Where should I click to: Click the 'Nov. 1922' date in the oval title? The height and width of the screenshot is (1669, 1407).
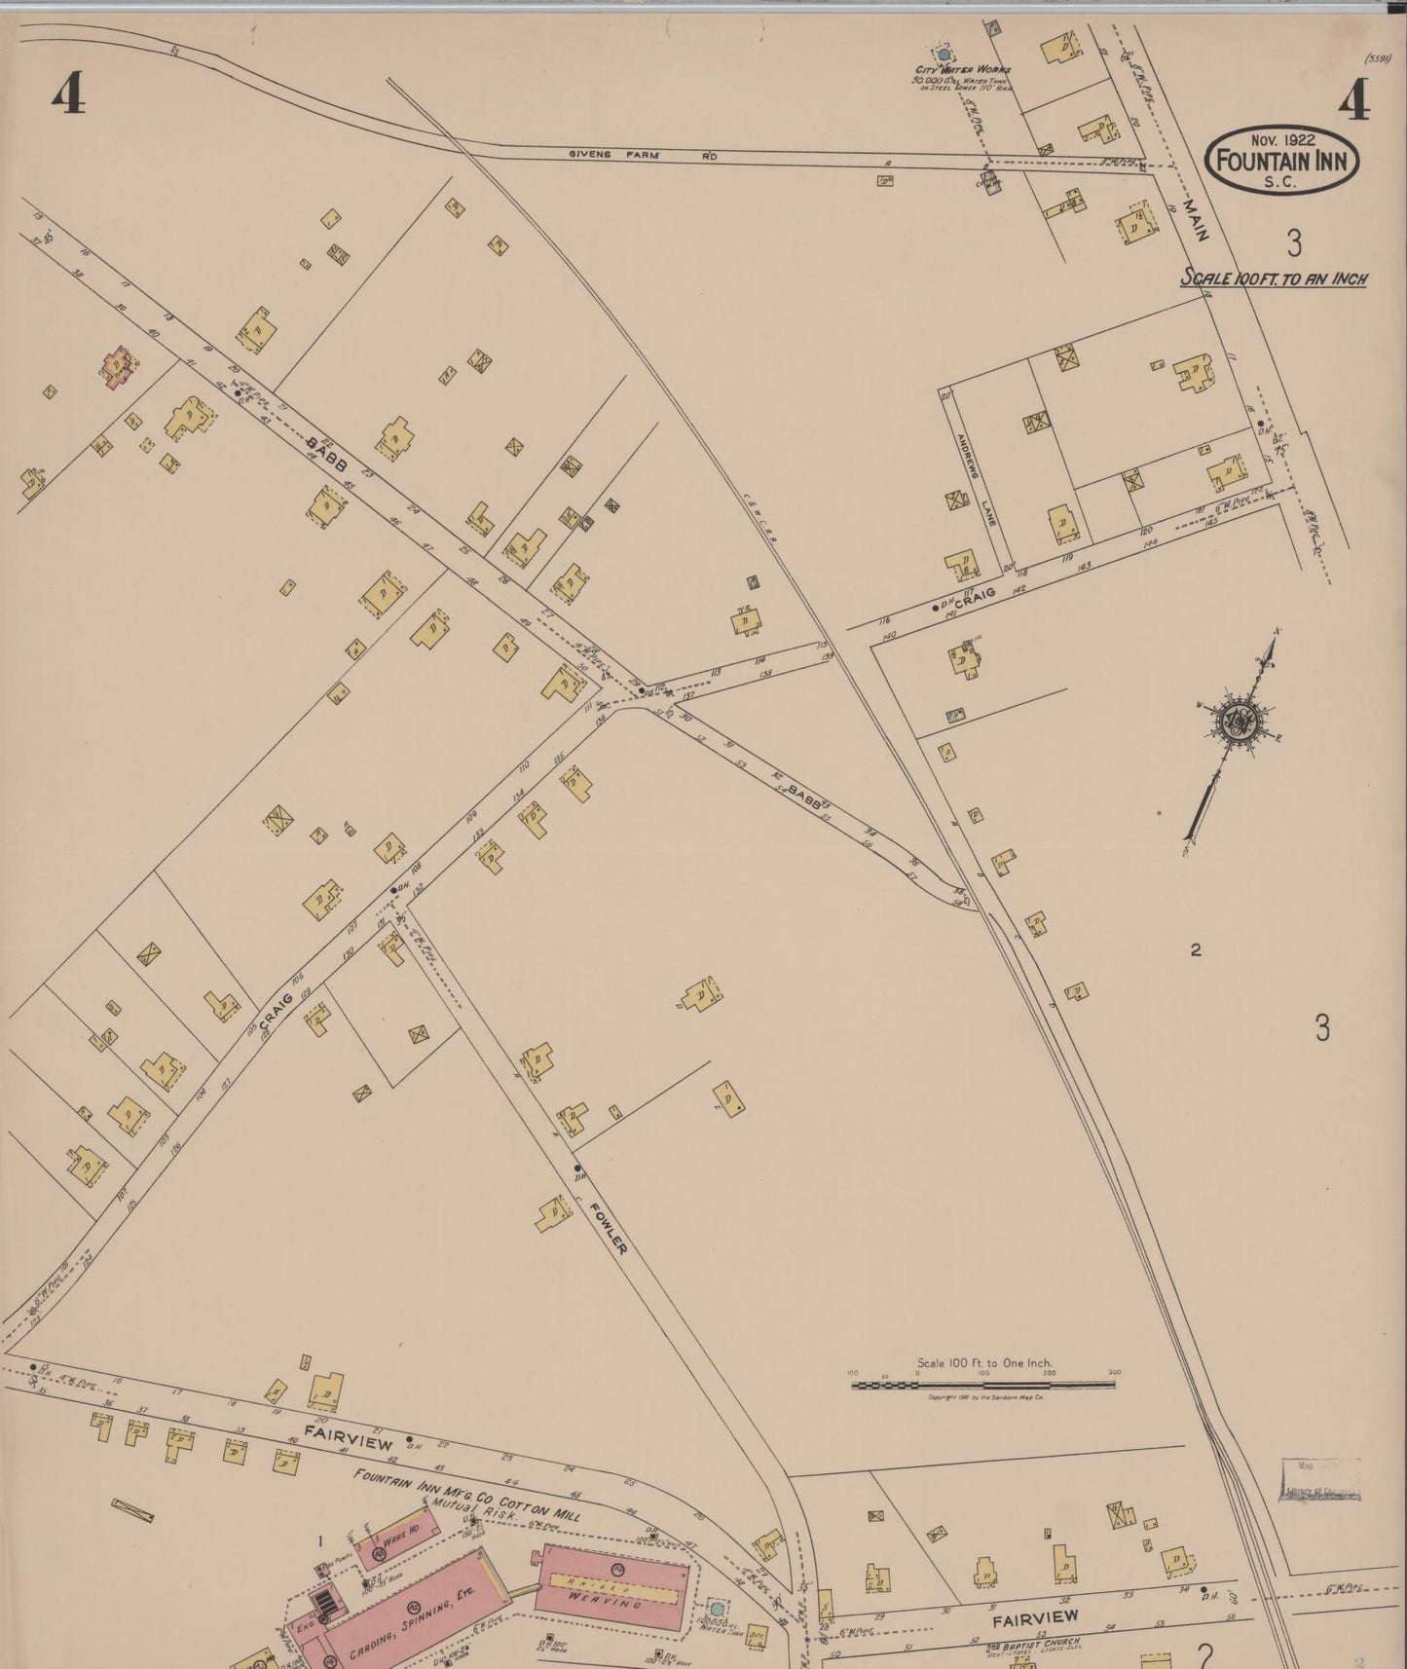[x=1283, y=140]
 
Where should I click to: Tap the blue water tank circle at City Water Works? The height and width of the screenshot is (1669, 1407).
[x=943, y=56]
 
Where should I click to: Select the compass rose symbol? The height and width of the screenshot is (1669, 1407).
[x=1235, y=722]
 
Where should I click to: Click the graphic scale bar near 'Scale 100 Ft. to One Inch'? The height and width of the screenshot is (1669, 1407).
[x=984, y=1384]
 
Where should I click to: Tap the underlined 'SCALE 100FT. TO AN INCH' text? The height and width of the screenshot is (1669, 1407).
[x=1274, y=278]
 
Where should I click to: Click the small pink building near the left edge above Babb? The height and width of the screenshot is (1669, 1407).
[x=119, y=365]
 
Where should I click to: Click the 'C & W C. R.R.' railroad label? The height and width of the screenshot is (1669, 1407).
[x=759, y=505]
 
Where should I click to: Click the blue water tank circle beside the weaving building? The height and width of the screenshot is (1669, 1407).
[x=717, y=1609]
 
